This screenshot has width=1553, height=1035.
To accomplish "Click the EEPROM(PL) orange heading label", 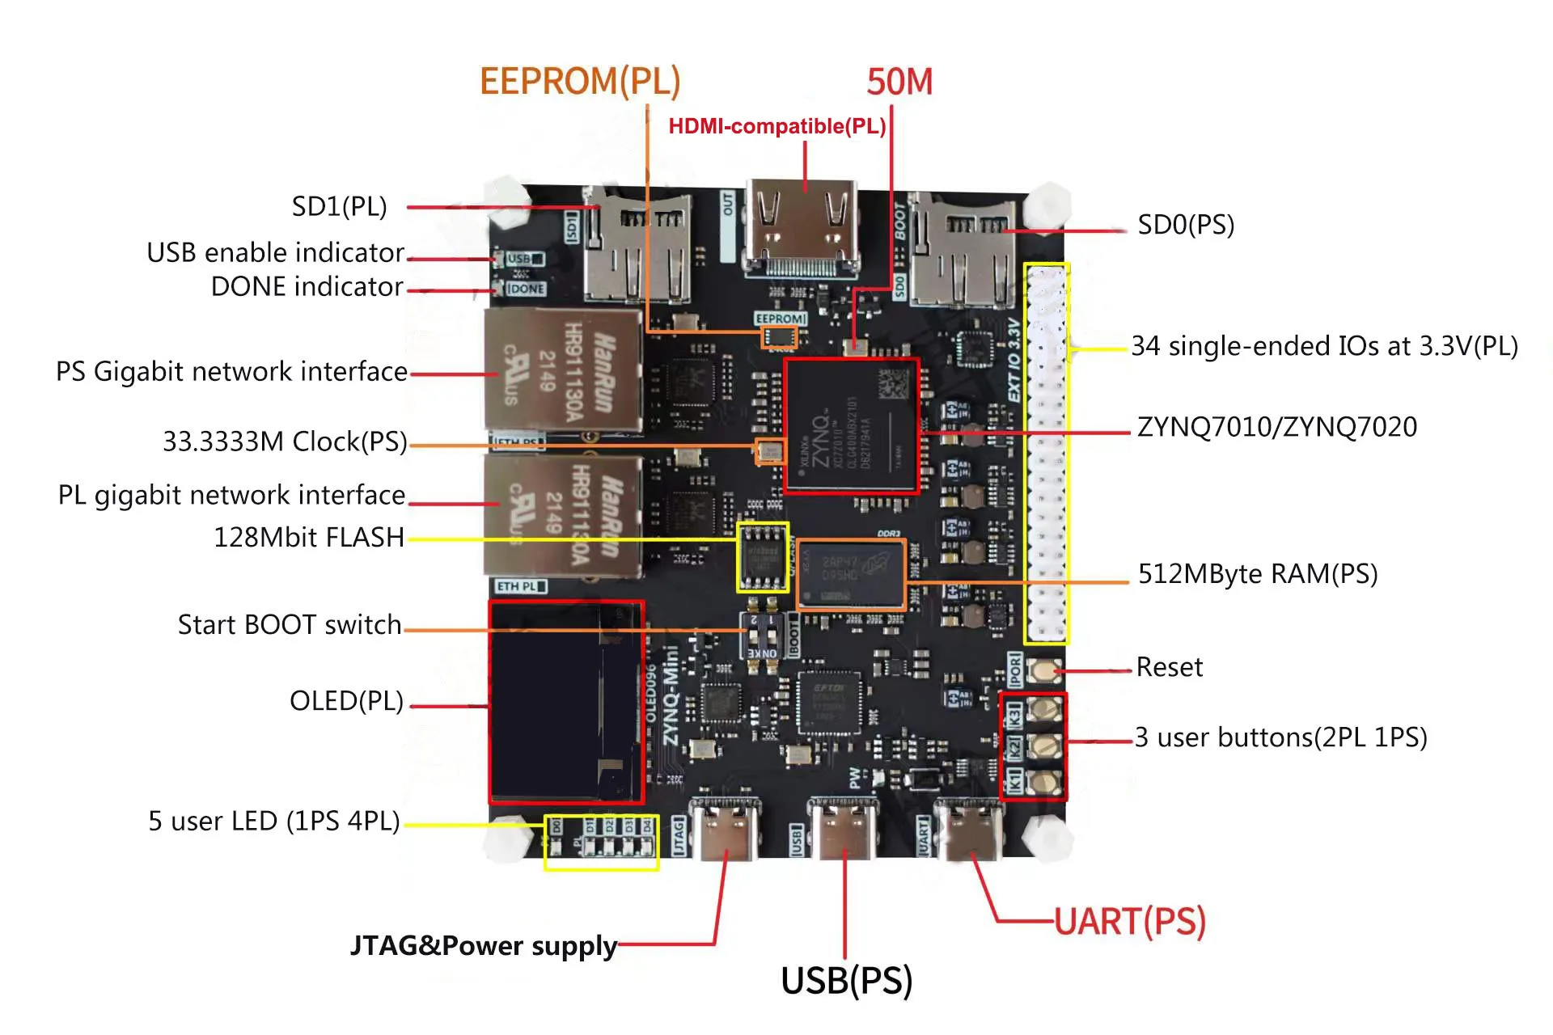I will (x=579, y=82).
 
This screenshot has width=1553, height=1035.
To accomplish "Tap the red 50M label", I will (x=899, y=82).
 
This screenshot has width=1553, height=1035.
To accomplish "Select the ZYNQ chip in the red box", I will (x=851, y=426).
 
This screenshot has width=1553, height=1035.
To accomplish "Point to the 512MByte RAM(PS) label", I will (x=1257, y=574).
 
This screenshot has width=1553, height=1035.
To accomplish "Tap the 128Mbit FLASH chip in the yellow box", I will (x=762, y=557).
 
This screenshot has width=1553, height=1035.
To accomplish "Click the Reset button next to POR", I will (x=1044, y=670).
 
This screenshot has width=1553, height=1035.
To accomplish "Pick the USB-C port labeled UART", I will (x=968, y=830).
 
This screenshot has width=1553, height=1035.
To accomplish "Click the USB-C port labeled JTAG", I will (x=725, y=830).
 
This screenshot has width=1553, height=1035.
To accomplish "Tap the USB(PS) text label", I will (x=846, y=980).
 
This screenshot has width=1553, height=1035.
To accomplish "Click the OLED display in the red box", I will (x=565, y=702).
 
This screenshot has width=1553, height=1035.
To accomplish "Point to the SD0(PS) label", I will (x=1185, y=225).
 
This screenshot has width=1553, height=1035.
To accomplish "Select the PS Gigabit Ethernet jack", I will (x=563, y=370).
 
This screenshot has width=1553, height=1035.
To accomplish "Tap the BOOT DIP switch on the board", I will (x=762, y=636).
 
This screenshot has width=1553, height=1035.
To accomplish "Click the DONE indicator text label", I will (x=307, y=287).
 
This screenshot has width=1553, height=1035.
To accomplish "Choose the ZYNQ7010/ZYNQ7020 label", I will (x=1276, y=427).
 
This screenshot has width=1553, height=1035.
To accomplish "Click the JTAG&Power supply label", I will (x=483, y=945).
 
